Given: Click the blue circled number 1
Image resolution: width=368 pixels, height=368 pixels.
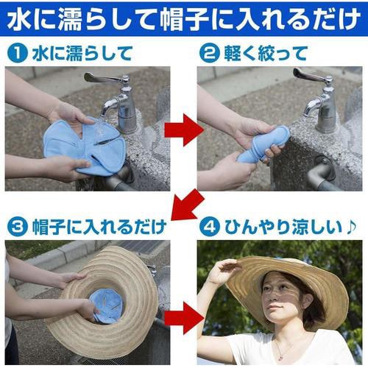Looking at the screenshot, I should [15, 54].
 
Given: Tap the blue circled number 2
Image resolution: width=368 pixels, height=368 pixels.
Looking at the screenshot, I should [210, 54].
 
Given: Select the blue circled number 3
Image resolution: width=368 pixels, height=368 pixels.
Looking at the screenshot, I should [15, 224].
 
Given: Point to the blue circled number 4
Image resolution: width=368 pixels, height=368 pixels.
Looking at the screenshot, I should [210, 224].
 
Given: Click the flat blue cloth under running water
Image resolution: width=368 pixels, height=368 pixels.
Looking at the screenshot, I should [81, 144].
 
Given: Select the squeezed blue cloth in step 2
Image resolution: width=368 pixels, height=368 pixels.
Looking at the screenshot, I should [261, 144].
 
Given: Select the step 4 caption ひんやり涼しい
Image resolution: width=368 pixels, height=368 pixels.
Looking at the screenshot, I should [276, 224].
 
